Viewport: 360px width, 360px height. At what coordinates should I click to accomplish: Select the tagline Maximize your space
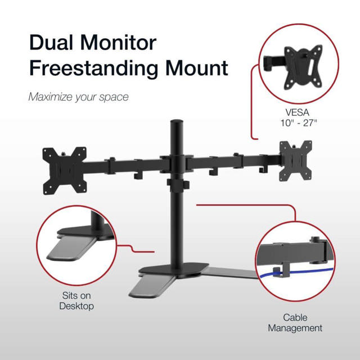click(78, 97)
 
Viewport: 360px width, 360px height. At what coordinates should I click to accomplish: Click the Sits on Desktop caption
click(76, 301)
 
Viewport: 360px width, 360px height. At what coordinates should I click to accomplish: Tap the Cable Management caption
click(295, 322)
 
